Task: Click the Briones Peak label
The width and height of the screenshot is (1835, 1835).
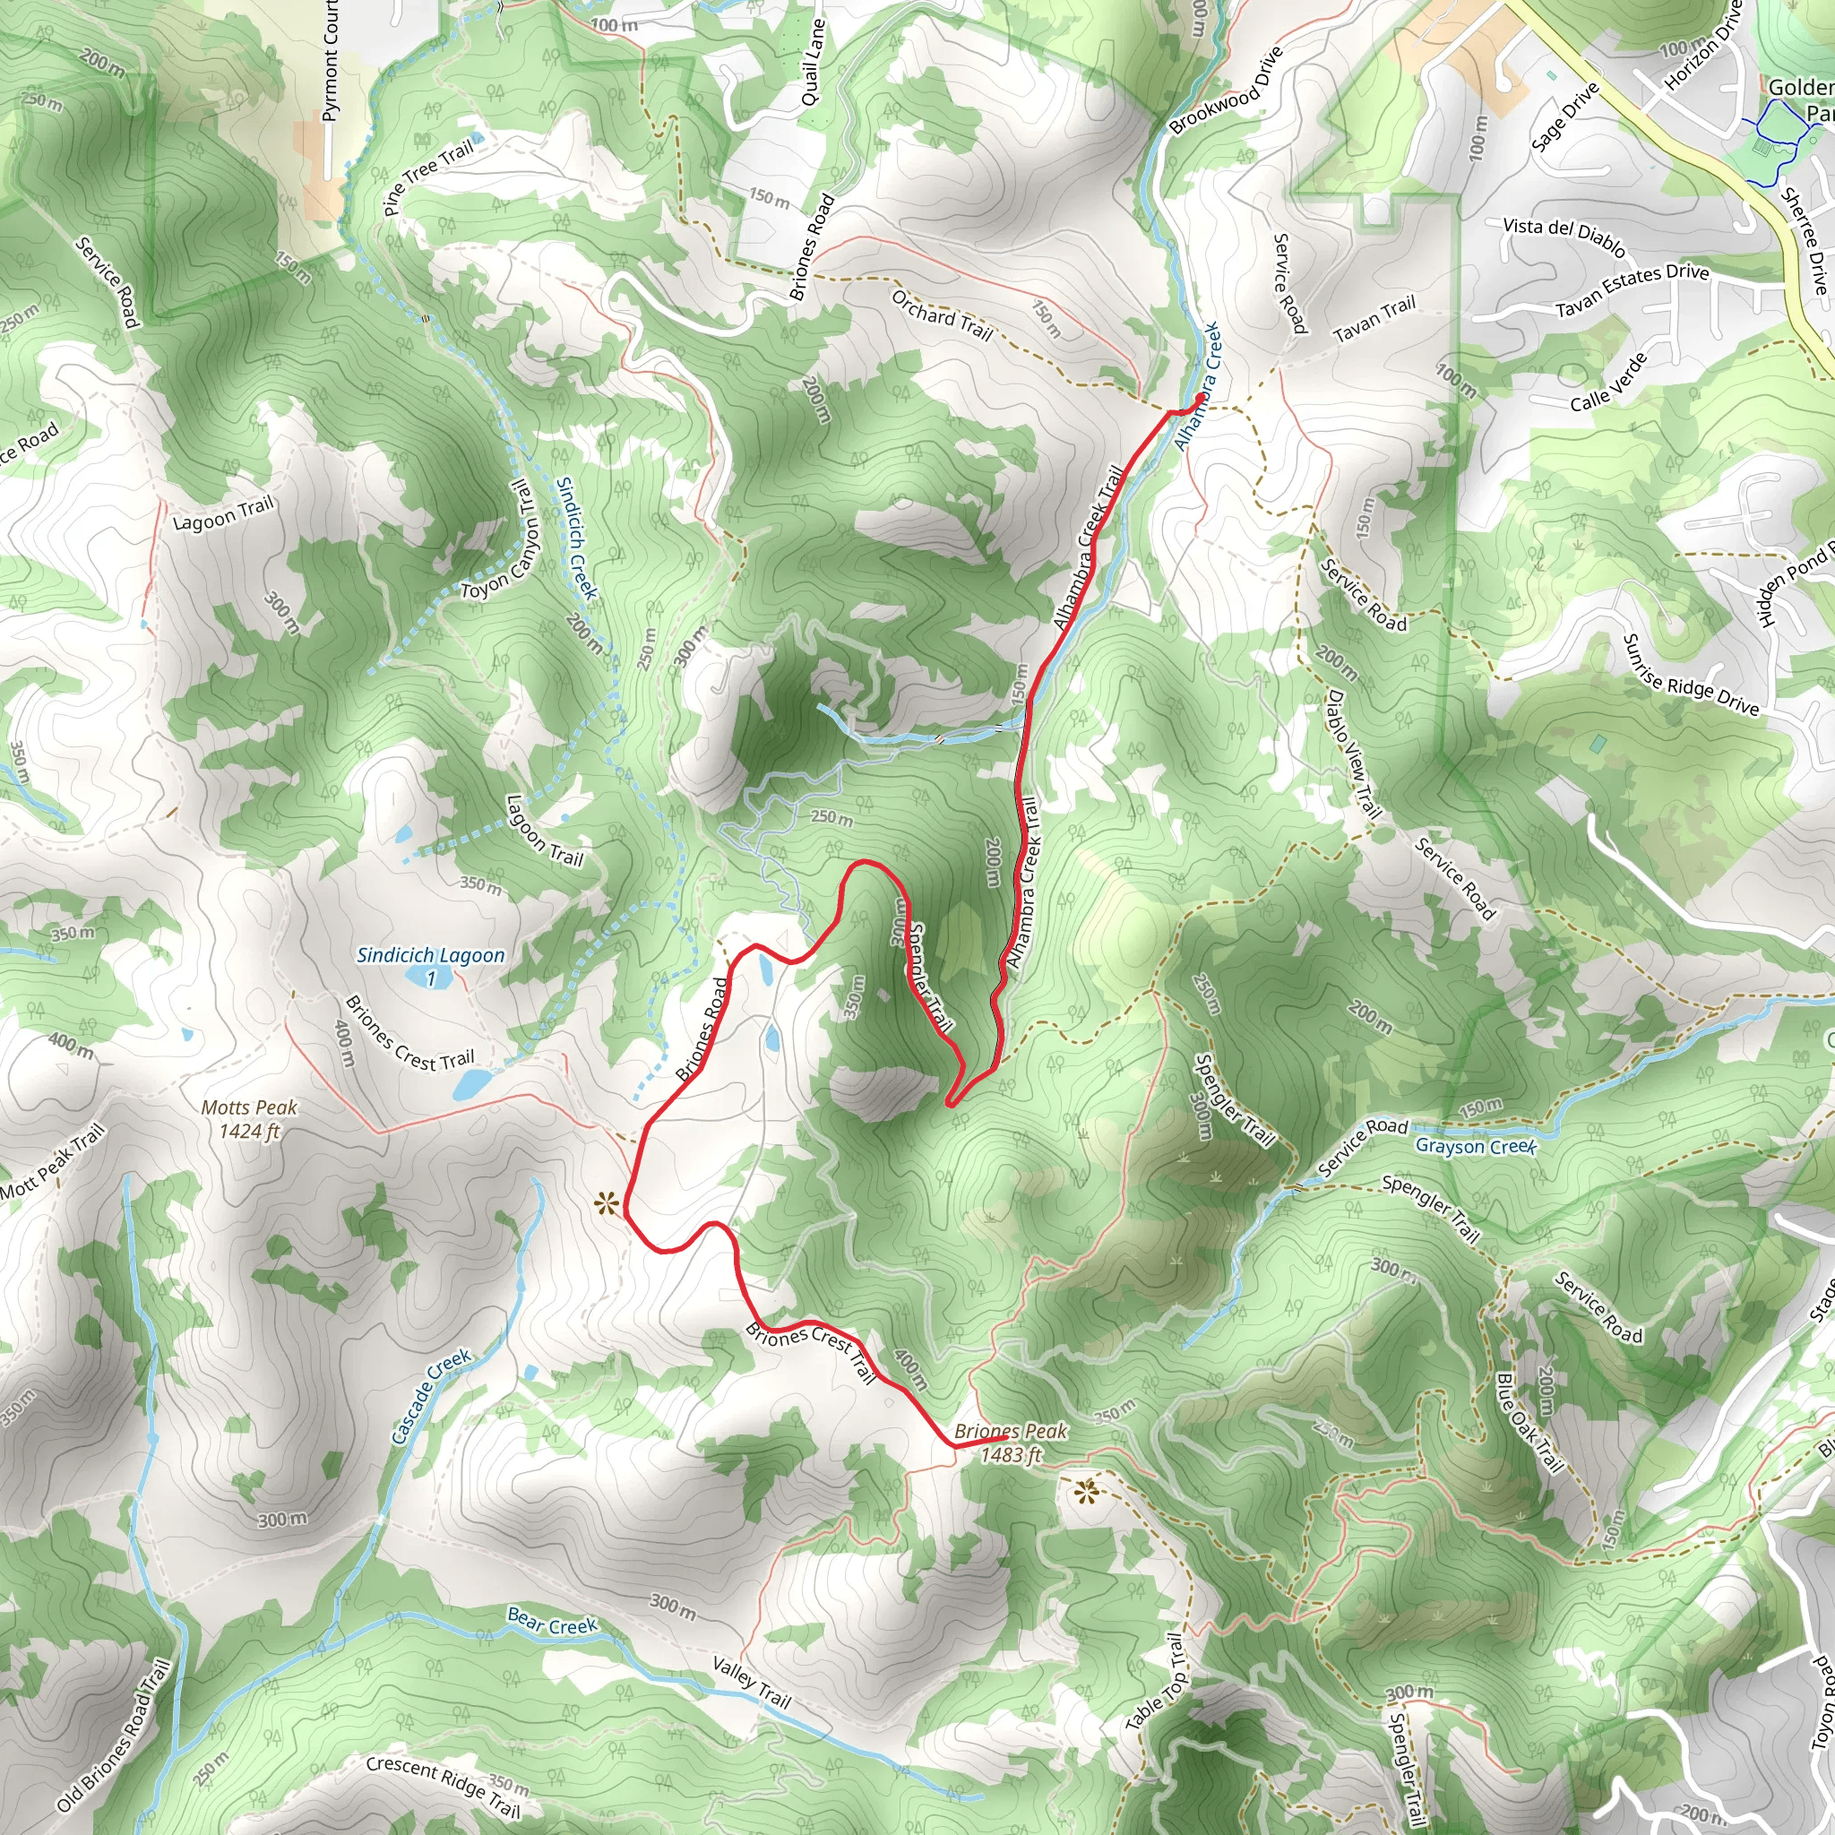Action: [1011, 1443]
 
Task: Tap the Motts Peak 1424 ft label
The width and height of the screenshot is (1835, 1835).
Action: [249, 1119]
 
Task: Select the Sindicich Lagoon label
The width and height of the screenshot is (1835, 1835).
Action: [430, 956]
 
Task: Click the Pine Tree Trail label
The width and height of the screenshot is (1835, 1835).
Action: [429, 177]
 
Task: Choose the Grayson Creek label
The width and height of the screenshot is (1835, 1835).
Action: [1475, 1145]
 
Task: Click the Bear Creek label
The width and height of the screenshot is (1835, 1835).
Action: [552, 1620]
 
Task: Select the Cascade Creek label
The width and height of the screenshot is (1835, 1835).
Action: [431, 1396]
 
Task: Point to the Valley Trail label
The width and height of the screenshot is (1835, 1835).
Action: [751, 1682]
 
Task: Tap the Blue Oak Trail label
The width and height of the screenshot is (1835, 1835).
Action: [1529, 1422]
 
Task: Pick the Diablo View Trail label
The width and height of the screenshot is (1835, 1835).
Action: [1354, 754]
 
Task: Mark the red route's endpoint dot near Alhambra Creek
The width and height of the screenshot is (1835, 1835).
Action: [1202, 400]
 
